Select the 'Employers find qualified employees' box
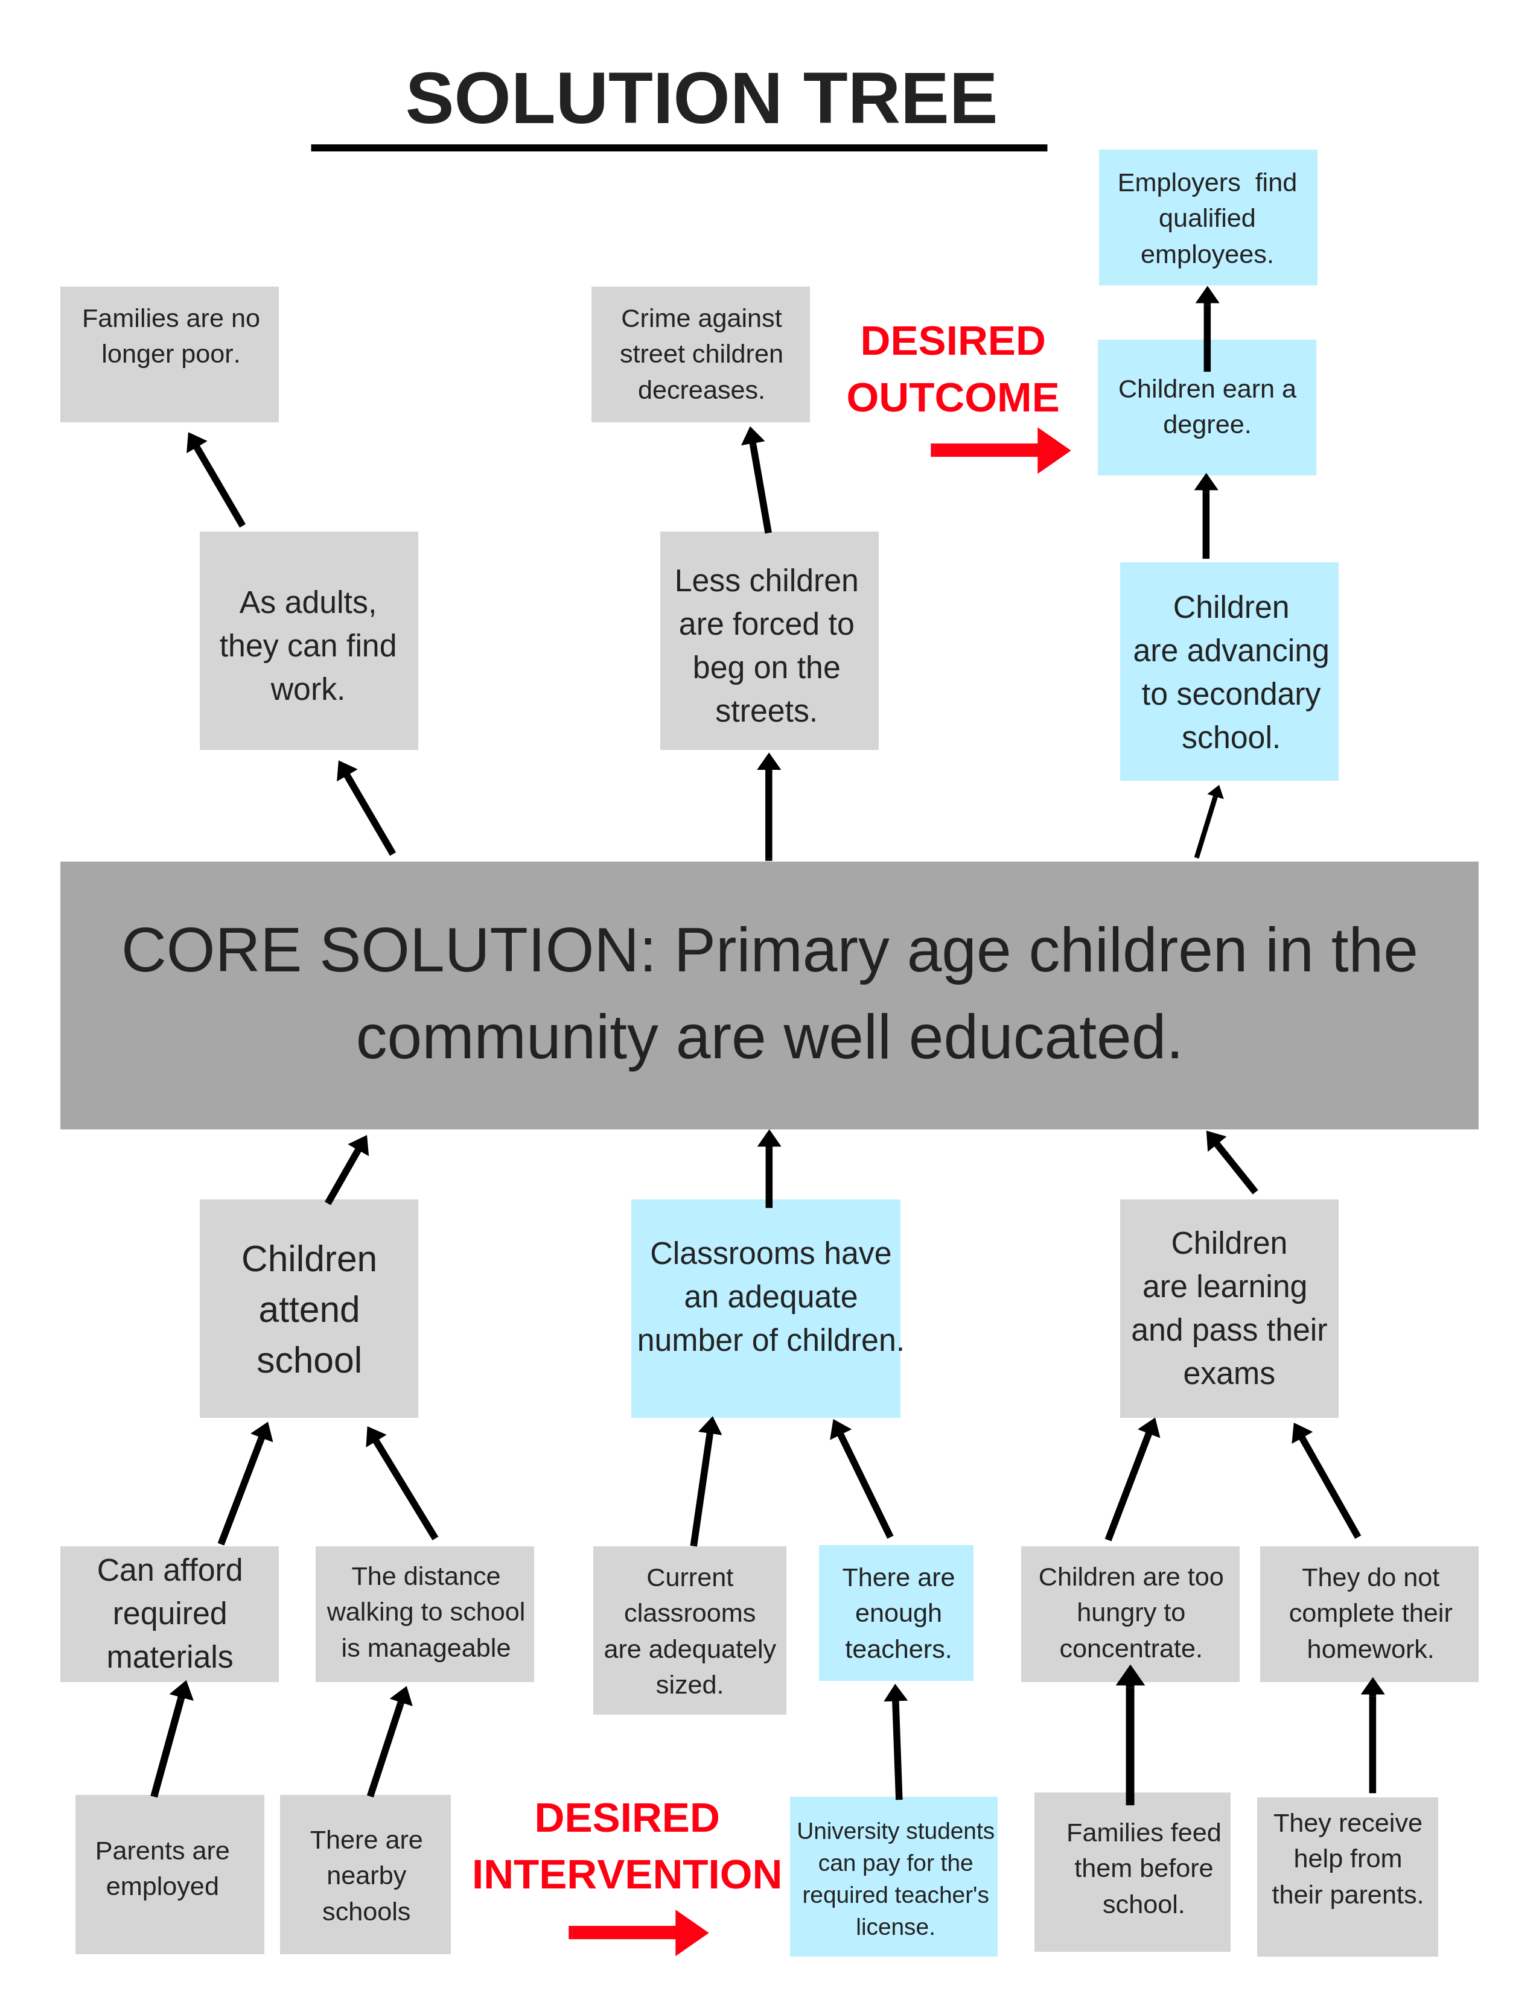[1207, 217]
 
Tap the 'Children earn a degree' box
[1206, 407]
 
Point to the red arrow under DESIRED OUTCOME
[1000, 449]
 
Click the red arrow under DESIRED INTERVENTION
[638, 1932]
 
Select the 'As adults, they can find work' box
[309, 640]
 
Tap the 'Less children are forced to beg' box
[768, 640]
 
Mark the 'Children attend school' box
[309, 1308]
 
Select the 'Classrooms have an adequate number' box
[766, 1308]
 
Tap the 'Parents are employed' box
[170, 1875]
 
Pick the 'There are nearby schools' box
[365, 1875]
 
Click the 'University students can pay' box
[893, 1876]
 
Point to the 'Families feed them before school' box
[1132, 1872]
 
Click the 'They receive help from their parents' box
[1348, 1876]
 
